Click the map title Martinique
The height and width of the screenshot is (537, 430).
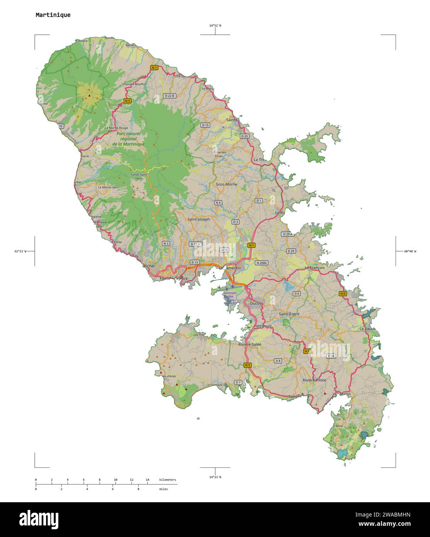tap(53, 15)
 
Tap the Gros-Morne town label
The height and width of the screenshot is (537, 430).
tap(226, 184)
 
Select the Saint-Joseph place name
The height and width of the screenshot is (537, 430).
tap(199, 219)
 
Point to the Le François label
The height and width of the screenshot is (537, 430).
tap(314, 267)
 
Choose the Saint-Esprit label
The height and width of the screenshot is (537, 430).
tap(289, 314)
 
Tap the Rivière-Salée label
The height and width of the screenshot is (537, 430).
tap(250, 344)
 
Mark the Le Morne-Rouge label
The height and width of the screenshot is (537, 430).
tap(116, 128)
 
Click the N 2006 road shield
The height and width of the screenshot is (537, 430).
tap(262, 263)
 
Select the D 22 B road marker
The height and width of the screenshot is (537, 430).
tap(169, 95)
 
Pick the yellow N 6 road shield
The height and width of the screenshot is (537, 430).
tap(343, 294)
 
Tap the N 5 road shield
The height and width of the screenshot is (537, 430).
tap(248, 365)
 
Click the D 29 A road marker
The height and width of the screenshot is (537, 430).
tap(287, 234)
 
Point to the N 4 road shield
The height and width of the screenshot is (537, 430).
tap(218, 202)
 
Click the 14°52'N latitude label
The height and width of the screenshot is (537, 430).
tap(215, 25)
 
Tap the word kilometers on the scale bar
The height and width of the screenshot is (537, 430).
tap(167, 480)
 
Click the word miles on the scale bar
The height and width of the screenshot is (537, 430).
tap(163, 489)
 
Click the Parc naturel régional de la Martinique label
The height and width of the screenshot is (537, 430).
tap(128, 139)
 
